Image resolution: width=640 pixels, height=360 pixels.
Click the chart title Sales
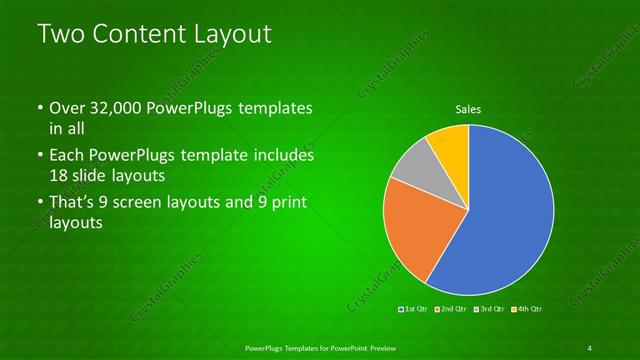click(x=468, y=108)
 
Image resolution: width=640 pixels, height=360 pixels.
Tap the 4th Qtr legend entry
click(x=529, y=310)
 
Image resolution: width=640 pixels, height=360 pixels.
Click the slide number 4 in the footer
click(x=589, y=347)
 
